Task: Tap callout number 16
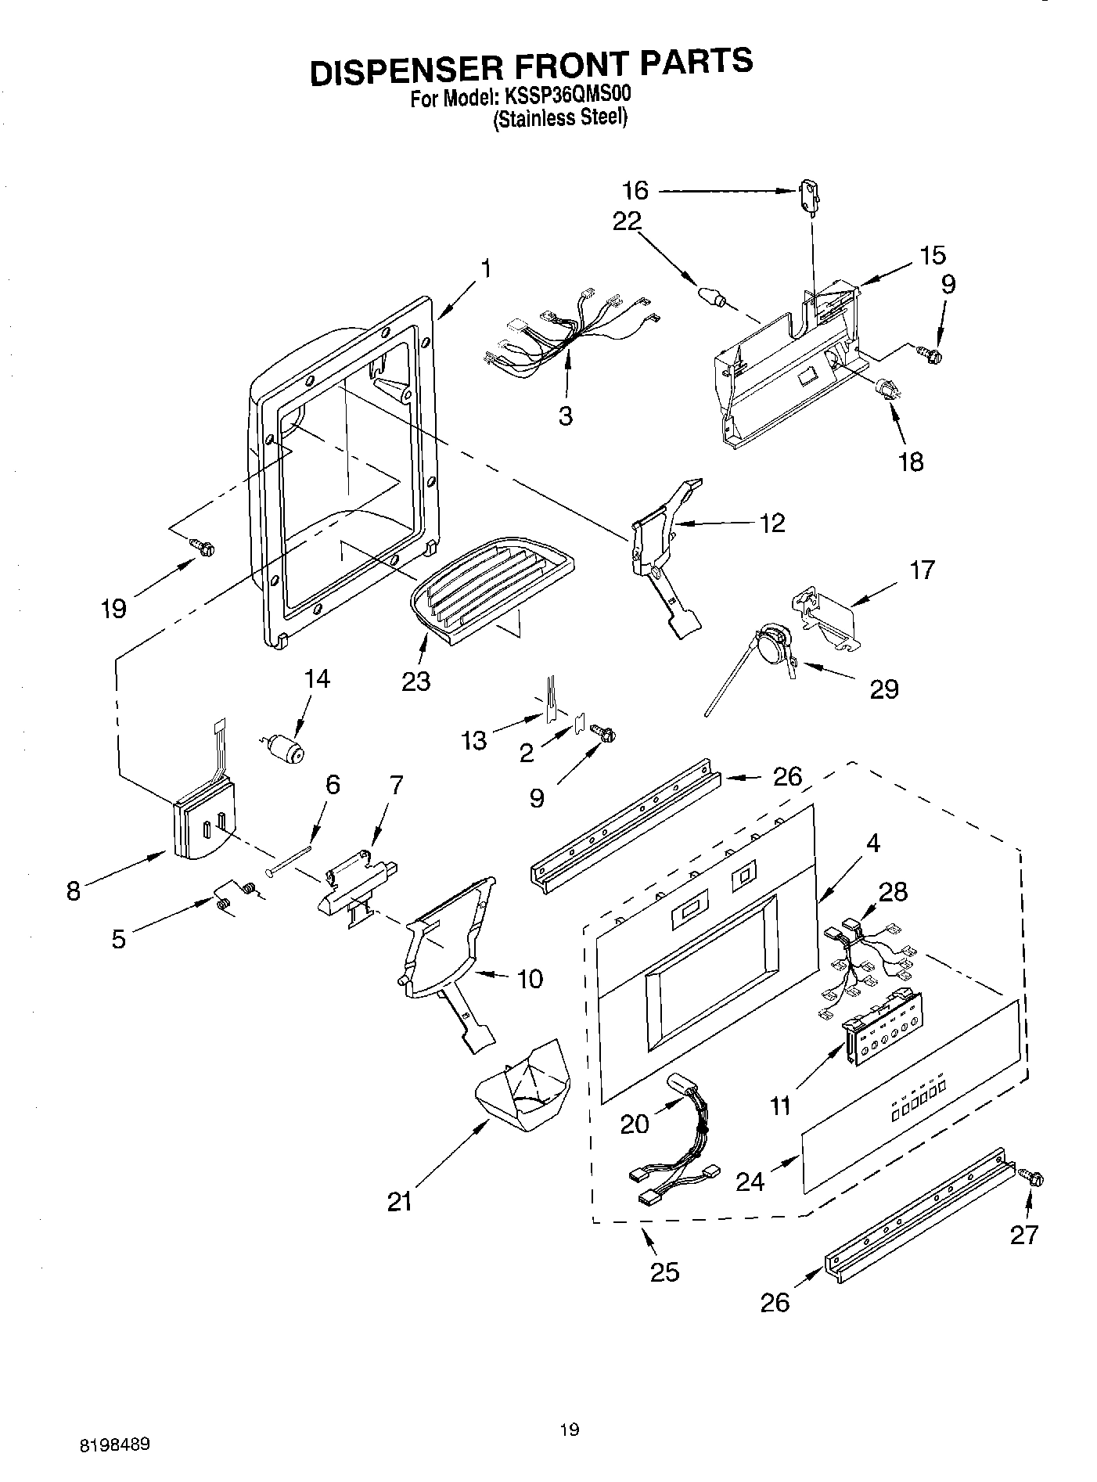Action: click(x=635, y=190)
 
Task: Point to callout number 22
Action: click(x=628, y=221)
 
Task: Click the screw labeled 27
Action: click(x=1032, y=1178)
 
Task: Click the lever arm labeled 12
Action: click(x=665, y=548)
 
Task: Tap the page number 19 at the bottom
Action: click(x=570, y=1430)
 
